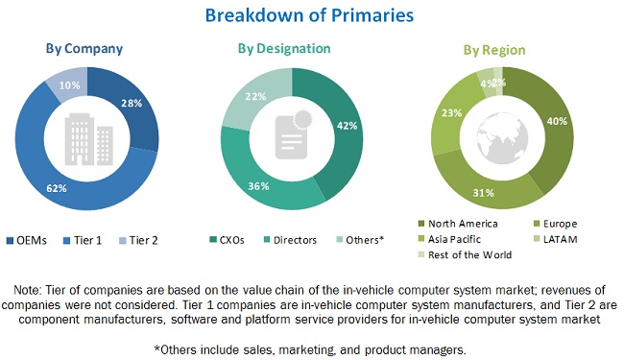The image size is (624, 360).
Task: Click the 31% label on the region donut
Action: [x=486, y=191]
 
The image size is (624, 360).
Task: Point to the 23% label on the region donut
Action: [x=447, y=112]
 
